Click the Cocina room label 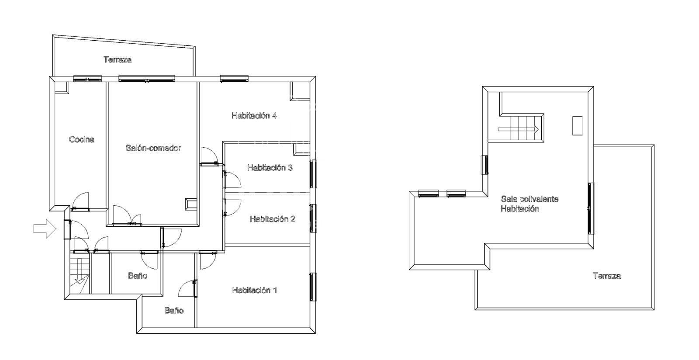pyautogui.click(x=81, y=139)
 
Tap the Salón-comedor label pyautogui.click(x=153, y=148)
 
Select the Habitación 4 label pyautogui.click(x=254, y=116)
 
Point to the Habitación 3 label pyautogui.click(x=270, y=168)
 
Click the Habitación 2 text pyautogui.click(x=273, y=219)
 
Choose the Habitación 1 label pyautogui.click(x=254, y=291)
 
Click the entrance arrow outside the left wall pyautogui.click(x=45, y=228)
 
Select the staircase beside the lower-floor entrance pyautogui.click(x=80, y=276)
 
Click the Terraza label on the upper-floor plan pyautogui.click(x=607, y=276)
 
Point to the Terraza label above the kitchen pyautogui.click(x=118, y=59)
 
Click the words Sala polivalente pyautogui.click(x=529, y=199)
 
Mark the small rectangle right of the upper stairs pyautogui.click(x=577, y=126)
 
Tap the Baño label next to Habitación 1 pyautogui.click(x=174, y=310)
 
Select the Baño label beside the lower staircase pyautogui.click(x=138, y=276)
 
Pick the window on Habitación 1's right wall pyautogui.click(x=313, y=287)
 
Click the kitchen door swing pyautogui.click(x=80, y=201)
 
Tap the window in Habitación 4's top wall pyautogui.click(x=234, y=79)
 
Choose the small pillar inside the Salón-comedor pyautogui.click(x=190, y=204)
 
